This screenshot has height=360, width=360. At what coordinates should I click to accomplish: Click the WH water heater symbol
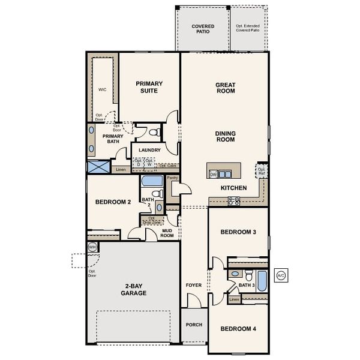pyautogui.click(x=92, y=247)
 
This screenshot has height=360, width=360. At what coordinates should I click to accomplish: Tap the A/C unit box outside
pyautogui.click(x=280, y=275)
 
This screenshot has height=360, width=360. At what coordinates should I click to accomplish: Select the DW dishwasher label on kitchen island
pyautogui.click(x=213, y=174)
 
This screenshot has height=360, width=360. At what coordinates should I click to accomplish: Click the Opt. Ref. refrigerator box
pyautogui.click(x=262, y=172)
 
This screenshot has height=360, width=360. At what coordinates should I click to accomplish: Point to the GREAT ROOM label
pyautogui.click(x=225, y=88)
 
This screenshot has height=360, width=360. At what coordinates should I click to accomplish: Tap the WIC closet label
pyautogui.click(x=102, y=89)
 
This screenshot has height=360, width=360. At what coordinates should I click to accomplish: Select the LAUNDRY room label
pyautogui.click(x=149, y=150)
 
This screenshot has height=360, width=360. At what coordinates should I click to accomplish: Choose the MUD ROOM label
pyautogui.click(x=167, y=233)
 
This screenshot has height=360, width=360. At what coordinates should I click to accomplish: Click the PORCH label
pyautogui.click(x=194, y=325)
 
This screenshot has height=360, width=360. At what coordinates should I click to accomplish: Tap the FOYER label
pyautogui.click(x=194, y=285)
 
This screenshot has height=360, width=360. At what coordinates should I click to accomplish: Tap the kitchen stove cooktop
pyautogui.click(x=233, y=202)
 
